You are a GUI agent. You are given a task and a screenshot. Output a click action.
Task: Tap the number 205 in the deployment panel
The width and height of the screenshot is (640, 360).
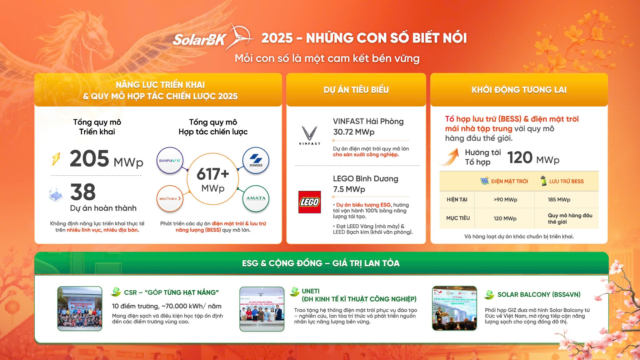coord(89,158)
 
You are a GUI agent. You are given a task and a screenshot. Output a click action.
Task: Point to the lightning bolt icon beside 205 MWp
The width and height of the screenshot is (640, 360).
coord(56,159)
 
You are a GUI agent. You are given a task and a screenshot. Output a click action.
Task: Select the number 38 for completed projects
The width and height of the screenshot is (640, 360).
coord(83,192)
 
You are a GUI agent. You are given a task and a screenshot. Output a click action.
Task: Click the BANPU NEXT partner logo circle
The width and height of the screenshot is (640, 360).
coord(170,161)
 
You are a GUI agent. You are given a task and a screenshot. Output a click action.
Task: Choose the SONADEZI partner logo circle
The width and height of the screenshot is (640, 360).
coord(256,161)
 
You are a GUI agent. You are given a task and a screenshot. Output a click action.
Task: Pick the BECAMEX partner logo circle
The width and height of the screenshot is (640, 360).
coord(170,198)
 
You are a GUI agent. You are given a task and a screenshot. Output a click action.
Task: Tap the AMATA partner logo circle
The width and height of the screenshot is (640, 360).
coord(256,198)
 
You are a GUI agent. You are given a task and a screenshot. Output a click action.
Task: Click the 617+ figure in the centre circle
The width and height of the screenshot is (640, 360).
coord(213,174)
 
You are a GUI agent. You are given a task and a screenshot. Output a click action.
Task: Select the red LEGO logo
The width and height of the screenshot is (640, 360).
coord(309,202)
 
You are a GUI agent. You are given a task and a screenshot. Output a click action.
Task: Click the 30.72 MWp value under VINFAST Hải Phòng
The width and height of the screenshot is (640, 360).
coord(354,132)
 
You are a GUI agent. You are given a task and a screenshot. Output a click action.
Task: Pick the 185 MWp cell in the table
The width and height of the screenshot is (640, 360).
coord(559,200)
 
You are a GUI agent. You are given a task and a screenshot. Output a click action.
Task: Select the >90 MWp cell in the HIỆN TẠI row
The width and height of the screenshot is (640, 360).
coord(505,200)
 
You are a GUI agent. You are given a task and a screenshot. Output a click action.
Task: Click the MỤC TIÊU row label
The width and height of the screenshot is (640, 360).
coord(458,218)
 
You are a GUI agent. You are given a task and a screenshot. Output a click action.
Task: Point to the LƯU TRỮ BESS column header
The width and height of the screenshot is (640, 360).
coord(566,181)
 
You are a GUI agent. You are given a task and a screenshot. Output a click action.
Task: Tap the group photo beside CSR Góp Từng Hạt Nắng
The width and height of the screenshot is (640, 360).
coord(80,308)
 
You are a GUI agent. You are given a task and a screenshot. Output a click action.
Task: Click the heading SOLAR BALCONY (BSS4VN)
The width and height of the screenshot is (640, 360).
coord(539,294)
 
